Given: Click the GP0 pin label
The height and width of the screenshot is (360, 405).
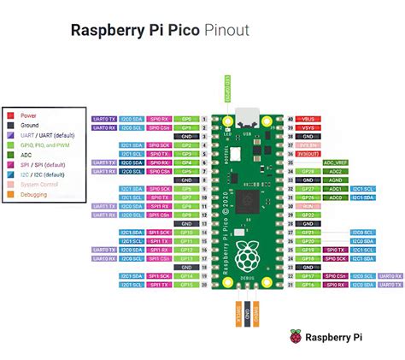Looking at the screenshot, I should (187, 119).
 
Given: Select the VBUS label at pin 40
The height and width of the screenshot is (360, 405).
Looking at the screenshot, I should (309, 119).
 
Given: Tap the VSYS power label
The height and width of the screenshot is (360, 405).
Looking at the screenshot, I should (309, 127).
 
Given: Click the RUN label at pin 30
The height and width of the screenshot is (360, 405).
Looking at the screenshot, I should (309, 206).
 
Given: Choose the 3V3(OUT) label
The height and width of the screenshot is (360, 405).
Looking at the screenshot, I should (309, 154).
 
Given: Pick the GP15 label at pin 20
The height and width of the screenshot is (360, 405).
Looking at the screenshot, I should (187, 286).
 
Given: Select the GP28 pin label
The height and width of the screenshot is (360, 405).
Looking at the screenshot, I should (309, 171).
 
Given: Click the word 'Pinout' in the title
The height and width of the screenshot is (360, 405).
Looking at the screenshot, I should (226, 31).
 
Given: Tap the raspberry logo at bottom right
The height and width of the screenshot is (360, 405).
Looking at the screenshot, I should (296, 337).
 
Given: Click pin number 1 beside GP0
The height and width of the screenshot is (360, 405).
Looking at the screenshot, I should (206, 119).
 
